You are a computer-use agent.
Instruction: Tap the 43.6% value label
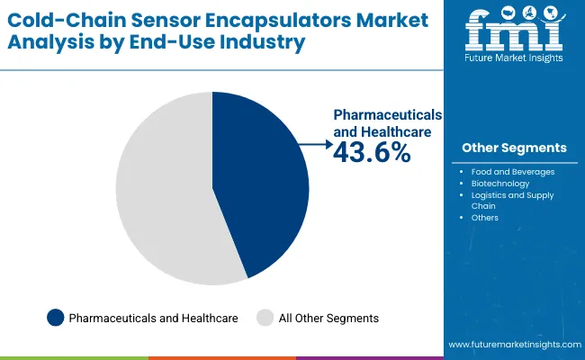(372, 153)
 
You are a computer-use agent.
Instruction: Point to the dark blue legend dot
(56, 318)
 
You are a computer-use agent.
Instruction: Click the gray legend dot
(265, 318)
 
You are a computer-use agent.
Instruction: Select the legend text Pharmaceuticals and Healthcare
(153, 318)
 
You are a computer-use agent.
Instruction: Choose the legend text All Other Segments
(328, 318)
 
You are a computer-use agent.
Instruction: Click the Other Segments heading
(514, 148)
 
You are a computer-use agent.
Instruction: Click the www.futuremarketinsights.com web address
(513, 345)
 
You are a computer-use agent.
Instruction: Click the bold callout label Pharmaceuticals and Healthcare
(387, 123)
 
